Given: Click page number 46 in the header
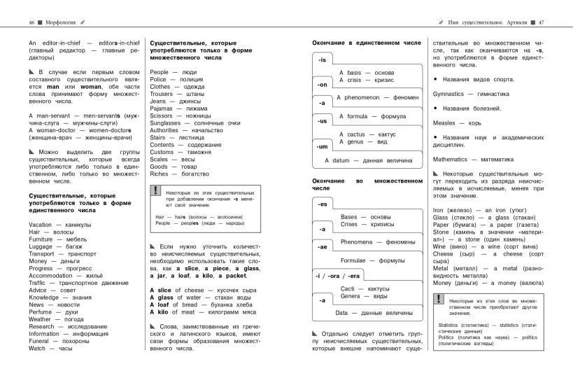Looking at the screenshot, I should (x=31, y=23).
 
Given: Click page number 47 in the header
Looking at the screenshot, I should (x=542, y=23).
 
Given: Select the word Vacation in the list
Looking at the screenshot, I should (x=41, y=224).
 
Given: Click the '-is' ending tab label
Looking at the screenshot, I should (x=323, y=60).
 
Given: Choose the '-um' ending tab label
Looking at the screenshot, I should (x=323, y=146).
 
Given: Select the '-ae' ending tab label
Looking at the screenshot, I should (x=323, y=247).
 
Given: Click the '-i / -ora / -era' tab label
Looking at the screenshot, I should (x=337, y=276).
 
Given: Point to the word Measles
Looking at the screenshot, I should (x=444, y=122).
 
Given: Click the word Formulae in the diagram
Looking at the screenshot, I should (x=357, y=260).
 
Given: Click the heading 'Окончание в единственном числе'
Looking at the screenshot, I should (x=366, y=43).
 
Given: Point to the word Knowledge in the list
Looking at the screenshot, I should (x=44, y=297).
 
